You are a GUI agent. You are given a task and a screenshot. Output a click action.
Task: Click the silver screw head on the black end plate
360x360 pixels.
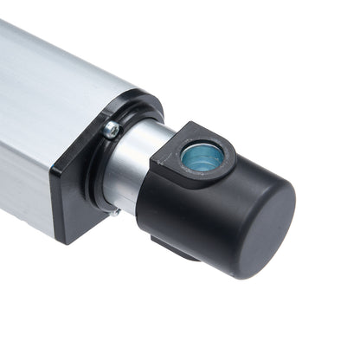112,130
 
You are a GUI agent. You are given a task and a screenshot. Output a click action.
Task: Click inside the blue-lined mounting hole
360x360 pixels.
202,157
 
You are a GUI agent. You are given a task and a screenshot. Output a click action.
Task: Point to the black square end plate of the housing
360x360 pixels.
69,190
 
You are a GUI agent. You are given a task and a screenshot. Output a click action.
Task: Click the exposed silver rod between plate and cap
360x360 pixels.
130,169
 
